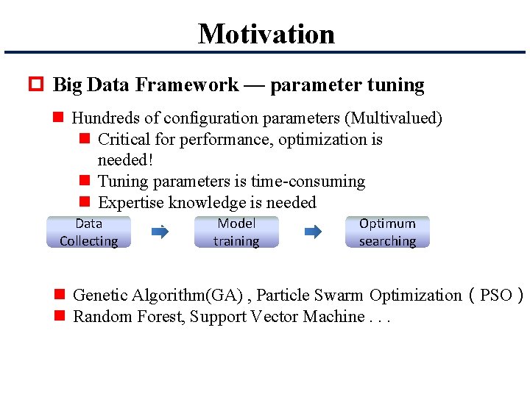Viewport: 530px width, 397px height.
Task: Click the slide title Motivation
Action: pyautogui.click(x=266, y=34)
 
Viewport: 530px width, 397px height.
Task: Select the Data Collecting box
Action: pyautogui.click(x=88, y=232)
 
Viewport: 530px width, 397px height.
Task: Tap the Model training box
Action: pyautogui.click(x=236, y=232)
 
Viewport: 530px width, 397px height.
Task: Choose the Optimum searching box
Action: pyautogui.click(x=387, y=232)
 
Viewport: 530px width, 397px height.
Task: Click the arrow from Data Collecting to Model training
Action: pyautogui.click(x=160, y=232)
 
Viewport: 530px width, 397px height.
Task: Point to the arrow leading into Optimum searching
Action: pyautogui.click(x=313, y=232)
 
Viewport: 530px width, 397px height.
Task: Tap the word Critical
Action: pyautogui.click(x=124, y=139)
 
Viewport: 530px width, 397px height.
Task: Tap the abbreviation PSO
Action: pyautogui.click(x=495, y=296)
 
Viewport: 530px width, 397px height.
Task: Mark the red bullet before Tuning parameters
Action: pyautogui.click(x=85, y=181)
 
